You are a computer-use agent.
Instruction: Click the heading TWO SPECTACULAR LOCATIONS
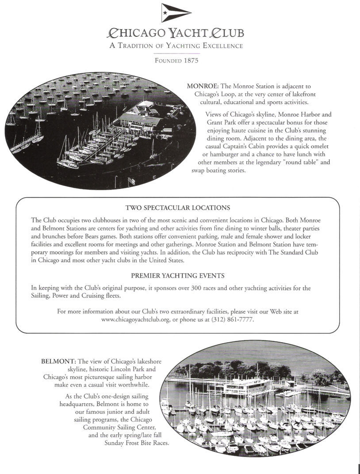click(178, 207)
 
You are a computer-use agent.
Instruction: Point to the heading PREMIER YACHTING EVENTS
click(178, 275)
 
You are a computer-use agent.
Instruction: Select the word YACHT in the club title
click(190, 34)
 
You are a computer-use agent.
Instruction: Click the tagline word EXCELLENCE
click(221, 46)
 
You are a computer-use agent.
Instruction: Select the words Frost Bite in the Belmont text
click(138, 443)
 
